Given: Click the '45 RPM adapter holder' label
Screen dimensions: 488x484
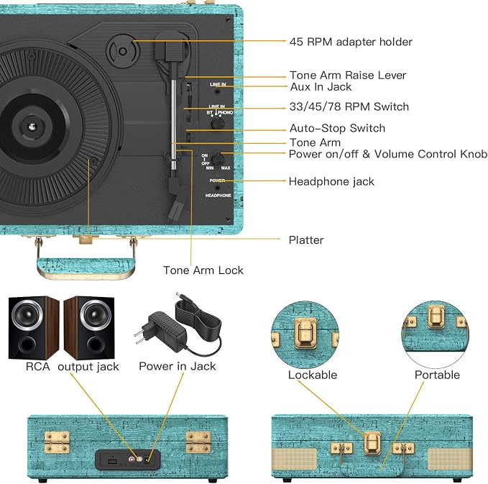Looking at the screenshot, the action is click(x=351, y=42).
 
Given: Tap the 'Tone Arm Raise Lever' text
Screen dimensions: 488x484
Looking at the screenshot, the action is click(x=348, y=75).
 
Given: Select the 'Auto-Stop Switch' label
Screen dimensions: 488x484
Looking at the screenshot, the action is click(x=337, y=128).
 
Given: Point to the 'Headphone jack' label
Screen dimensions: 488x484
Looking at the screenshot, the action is click(x=331, y=181).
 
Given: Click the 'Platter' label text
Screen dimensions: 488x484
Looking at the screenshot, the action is click(x=306, y=239).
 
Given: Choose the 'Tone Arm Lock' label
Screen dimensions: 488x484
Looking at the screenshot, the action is click(x=203, y=270).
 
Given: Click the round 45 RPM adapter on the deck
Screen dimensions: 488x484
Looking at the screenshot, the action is click(x=123, y=51).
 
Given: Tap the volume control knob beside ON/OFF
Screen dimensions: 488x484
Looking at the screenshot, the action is click(x=218, y=160).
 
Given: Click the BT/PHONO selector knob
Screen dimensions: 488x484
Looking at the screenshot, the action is click(x=218, y=123).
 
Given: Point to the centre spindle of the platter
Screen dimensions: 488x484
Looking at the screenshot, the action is click(x=32, y=127).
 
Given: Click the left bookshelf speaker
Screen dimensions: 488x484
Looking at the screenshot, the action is click(x=34, y=328).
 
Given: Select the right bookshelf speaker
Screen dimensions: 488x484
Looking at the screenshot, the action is click(x=89, y=328).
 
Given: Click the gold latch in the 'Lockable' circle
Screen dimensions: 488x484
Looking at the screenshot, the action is click(x=305, y=333).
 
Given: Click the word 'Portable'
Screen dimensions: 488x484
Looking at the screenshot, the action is click(x=437, y=375).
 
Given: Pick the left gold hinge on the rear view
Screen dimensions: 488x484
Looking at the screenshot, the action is click(x=57, y=442).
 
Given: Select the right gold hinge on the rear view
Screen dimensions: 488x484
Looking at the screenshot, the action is click(x=198, y=442).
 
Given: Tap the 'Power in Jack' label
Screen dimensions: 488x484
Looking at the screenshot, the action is click(x=177, y=366).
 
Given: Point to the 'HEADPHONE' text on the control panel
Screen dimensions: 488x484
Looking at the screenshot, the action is click(x=218, y=196).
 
